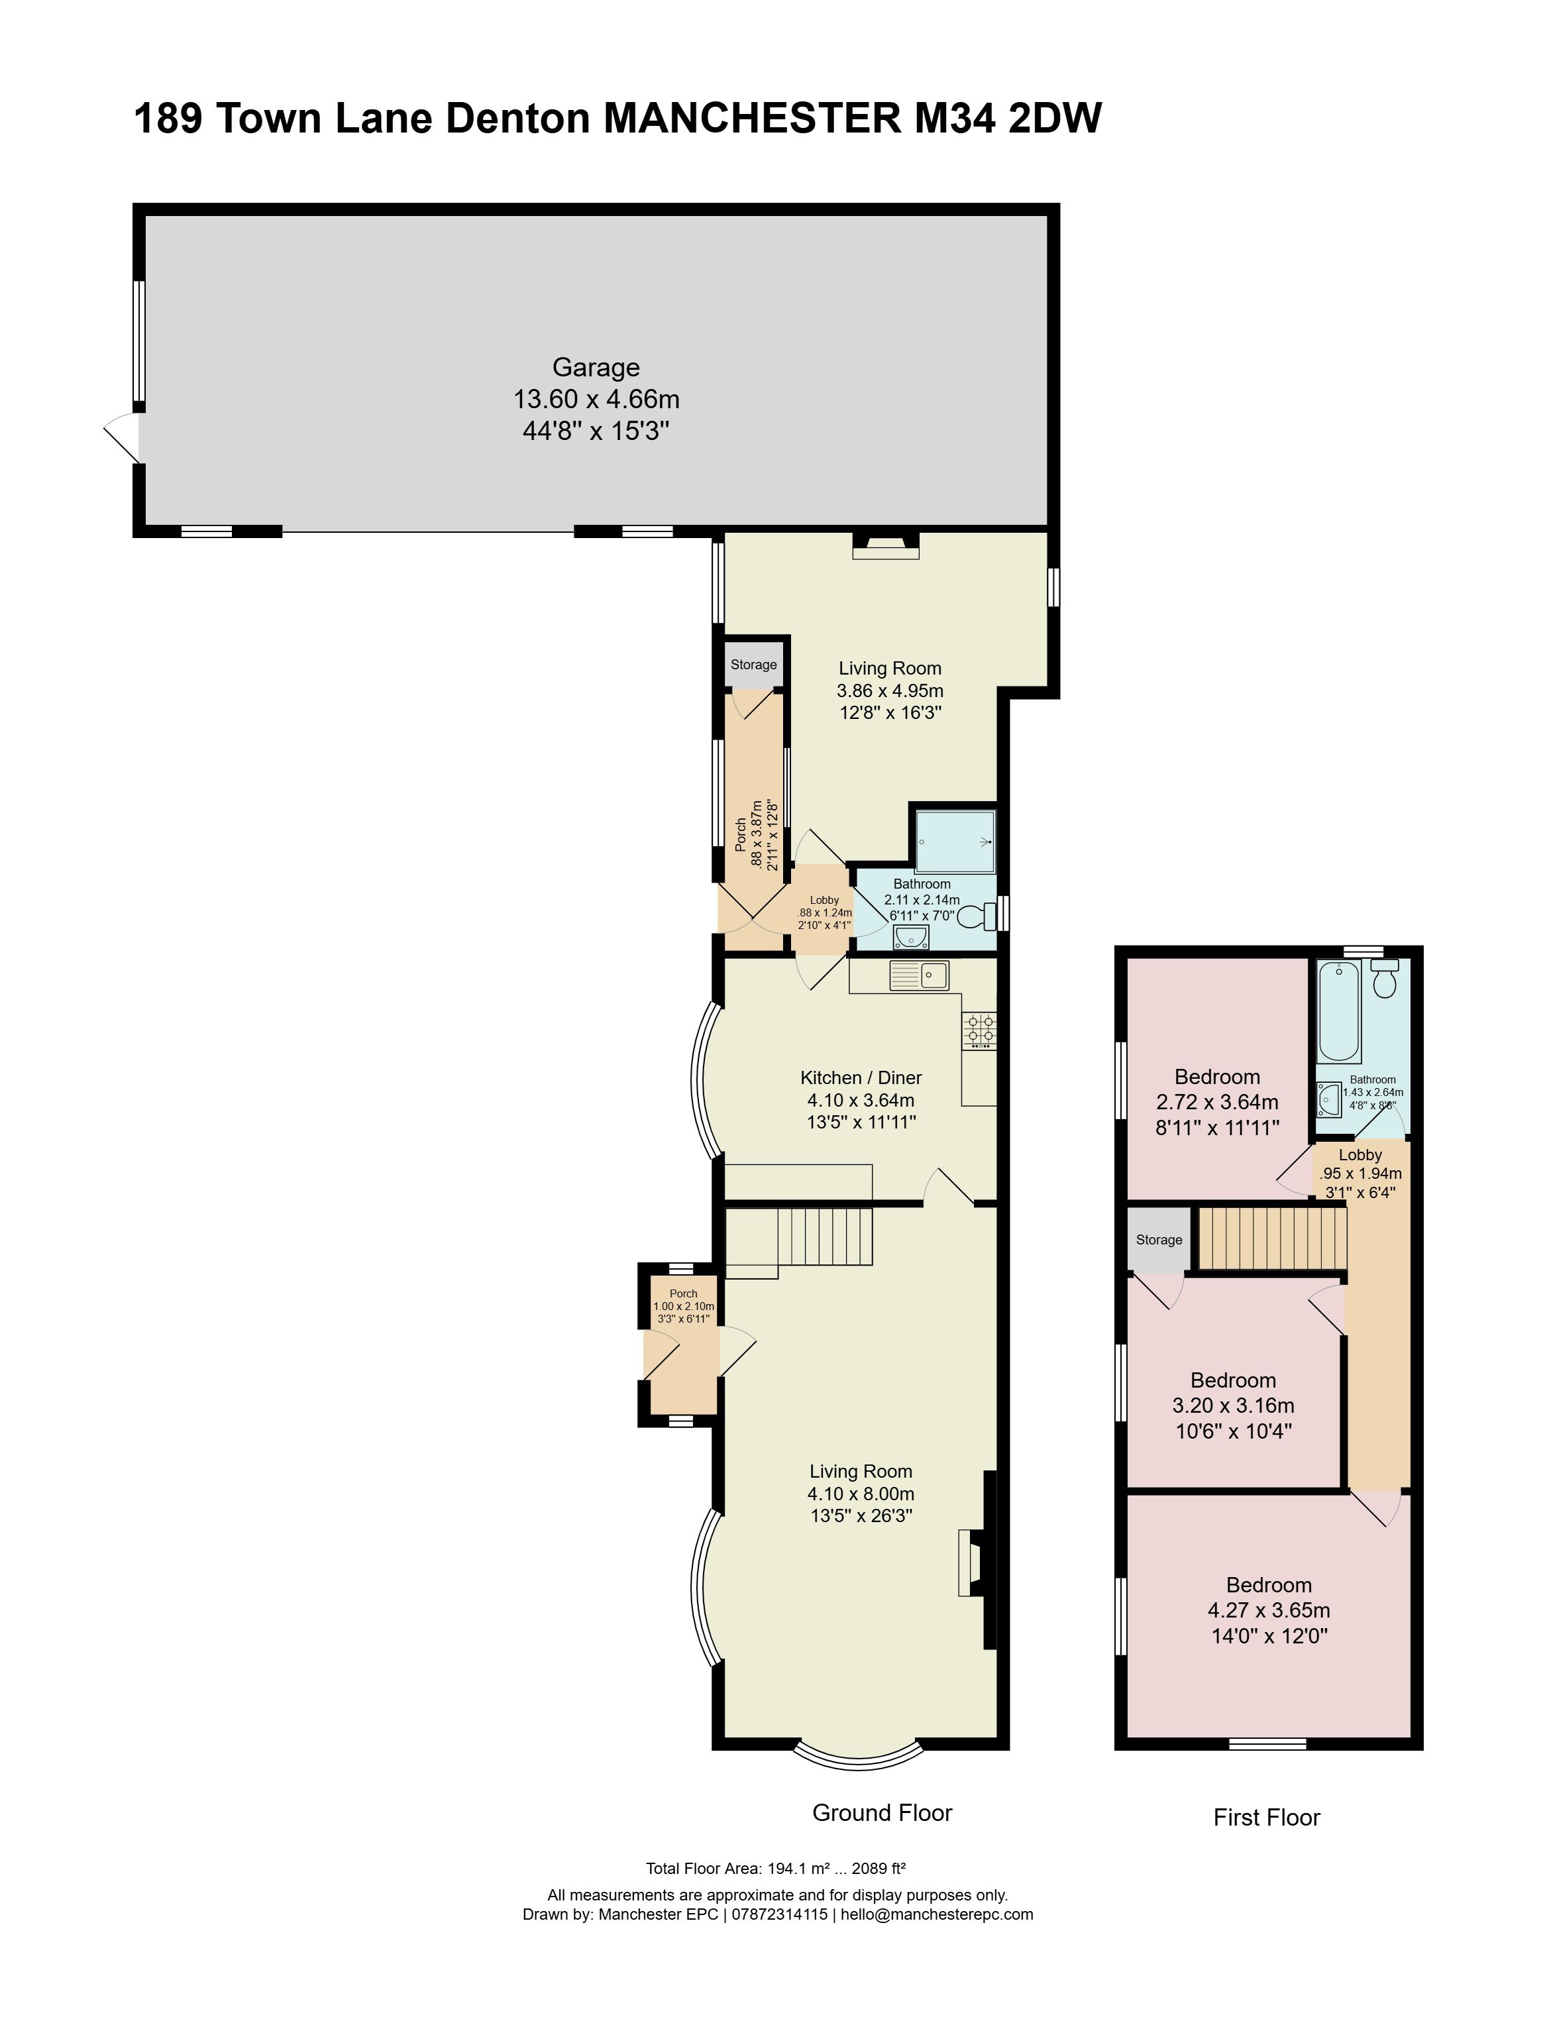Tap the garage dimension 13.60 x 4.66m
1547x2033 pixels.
(596, 400)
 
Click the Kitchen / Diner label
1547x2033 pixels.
(861, 1077)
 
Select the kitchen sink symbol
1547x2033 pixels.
(919, 975)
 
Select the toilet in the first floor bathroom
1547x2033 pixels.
(1384, 979)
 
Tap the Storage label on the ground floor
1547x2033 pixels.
(753, 665)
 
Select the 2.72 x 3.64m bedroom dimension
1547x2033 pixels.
(1217, 1102)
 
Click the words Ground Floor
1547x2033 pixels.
(882, 1813)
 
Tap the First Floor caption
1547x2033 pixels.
(1267, 1818)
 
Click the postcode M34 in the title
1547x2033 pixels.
(954, 119)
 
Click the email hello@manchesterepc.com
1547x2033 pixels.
(937, 1914)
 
